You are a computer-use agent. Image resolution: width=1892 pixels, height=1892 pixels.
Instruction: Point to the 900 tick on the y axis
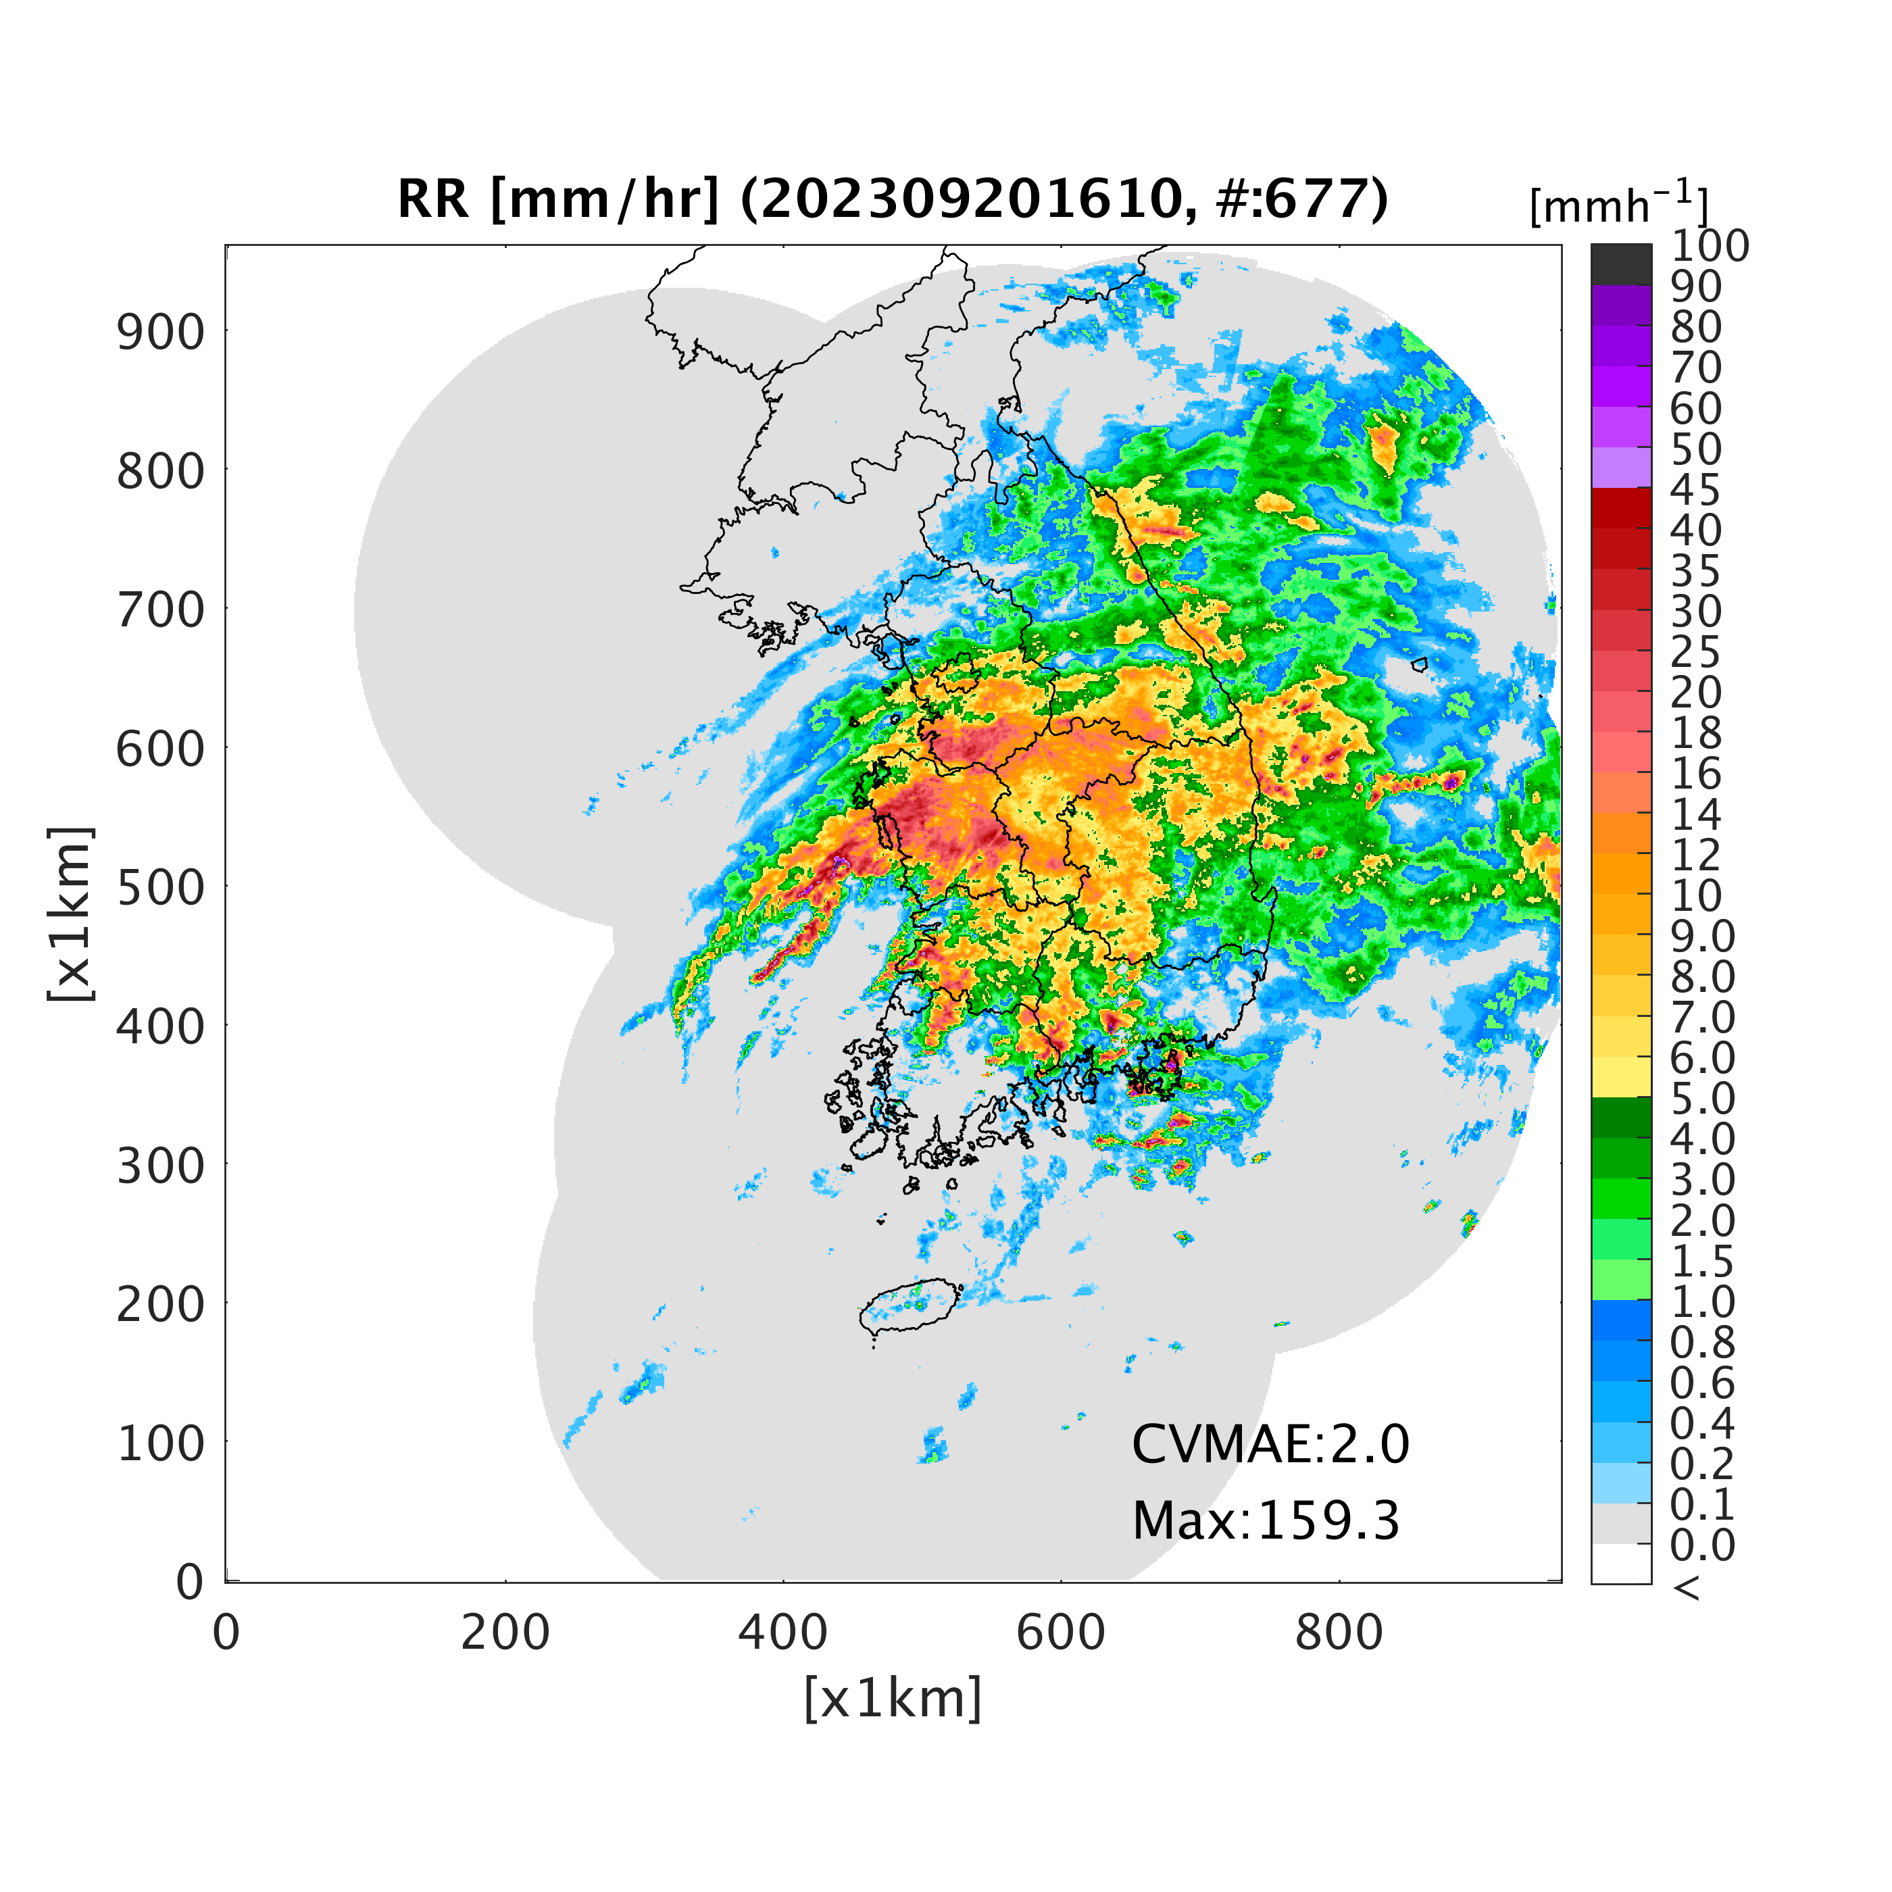[x=161, y=333]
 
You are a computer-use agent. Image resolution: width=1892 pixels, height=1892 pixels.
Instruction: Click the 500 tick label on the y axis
[x=161, y=888]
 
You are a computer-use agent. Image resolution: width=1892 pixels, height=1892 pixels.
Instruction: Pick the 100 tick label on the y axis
[x=161, y=1443]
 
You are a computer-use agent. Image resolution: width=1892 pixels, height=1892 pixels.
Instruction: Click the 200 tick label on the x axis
[x=505, y=1633]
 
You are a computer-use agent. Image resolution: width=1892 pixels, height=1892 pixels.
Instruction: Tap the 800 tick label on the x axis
[x=1339, y=1633]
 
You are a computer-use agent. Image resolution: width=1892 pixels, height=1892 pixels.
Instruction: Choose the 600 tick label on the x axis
[x=1061, y=1633]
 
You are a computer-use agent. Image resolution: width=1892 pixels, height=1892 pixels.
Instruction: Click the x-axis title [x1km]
[x=892, y=1699]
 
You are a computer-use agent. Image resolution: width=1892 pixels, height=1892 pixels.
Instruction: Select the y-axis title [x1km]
[x=72, y=913]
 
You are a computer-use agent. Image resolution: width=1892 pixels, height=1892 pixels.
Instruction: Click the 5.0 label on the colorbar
[x=1702, y=1098]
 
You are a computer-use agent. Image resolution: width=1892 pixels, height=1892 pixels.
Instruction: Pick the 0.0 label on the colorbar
[x=1702, y=1545]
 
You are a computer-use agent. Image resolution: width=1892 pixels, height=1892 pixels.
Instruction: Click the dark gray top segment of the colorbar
[x=1621, y=264]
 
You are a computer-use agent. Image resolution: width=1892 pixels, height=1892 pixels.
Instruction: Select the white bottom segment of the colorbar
[x=1621, y=1563]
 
